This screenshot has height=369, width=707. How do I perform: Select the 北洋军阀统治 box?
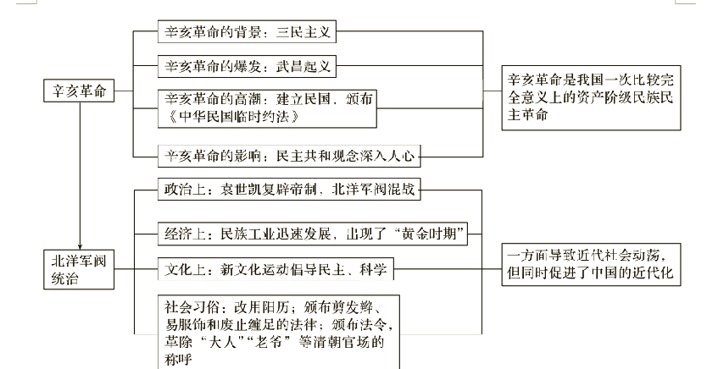click(79, 268)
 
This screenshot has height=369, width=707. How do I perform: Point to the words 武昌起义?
click(303, 66)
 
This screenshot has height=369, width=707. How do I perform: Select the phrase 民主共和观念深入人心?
click(345, 154)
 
